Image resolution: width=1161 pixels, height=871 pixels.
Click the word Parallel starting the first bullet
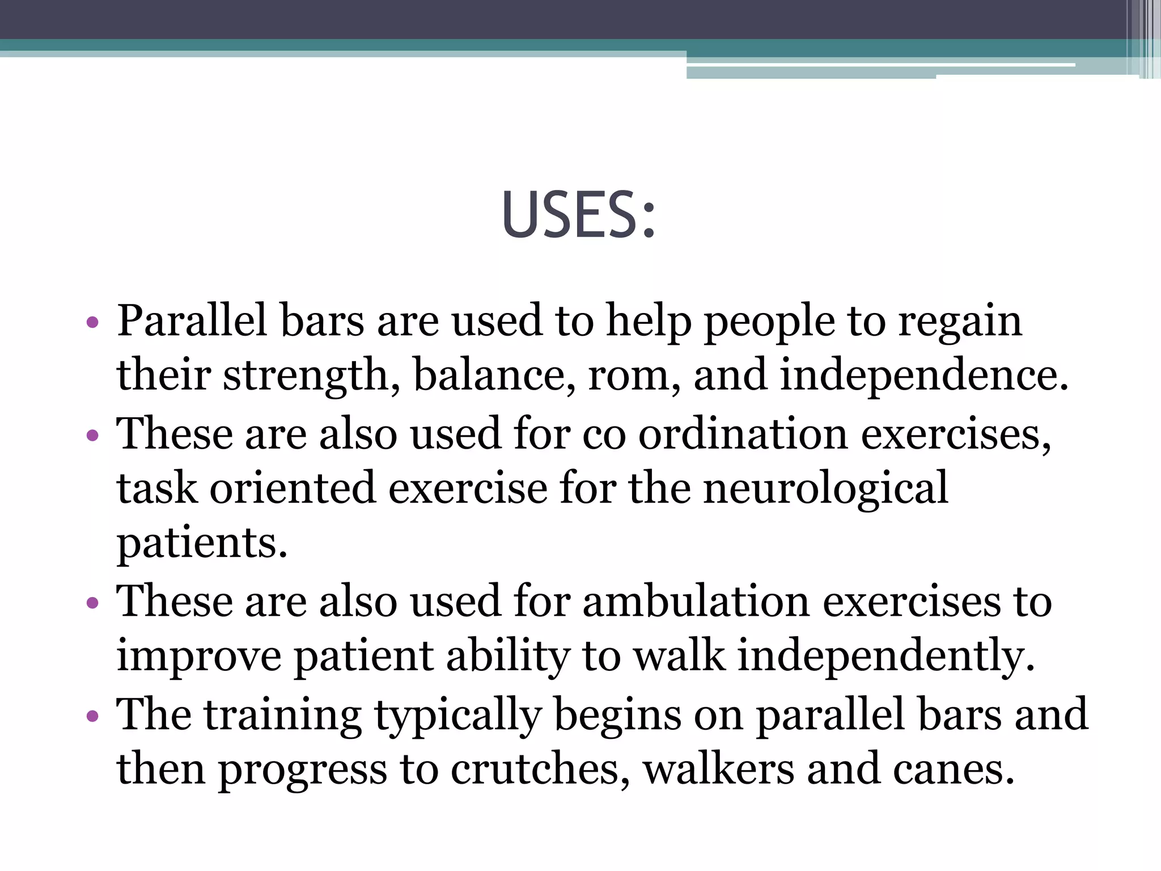point(192,322)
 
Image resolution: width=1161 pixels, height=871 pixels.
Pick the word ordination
point(743,433)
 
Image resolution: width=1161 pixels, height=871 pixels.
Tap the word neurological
point(825,488)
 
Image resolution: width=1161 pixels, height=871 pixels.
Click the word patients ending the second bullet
point(202,544)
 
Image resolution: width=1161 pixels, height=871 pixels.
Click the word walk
point(679,656)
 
